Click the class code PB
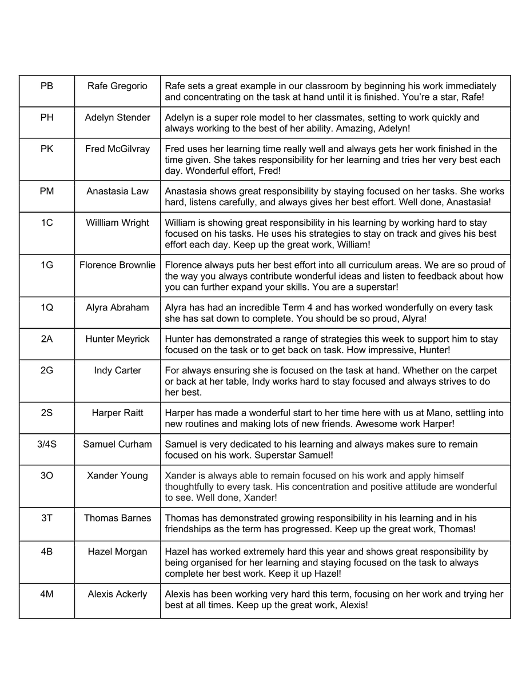(47, 86)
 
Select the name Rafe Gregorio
(117, 86)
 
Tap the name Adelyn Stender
(117, 118)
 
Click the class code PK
(47, 149)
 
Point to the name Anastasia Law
(117, 192)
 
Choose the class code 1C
(47, 223)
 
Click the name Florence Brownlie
(117, 265)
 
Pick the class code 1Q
(47, 308)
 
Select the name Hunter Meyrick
(117, 339)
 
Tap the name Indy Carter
(117, 370)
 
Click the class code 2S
(47, 413)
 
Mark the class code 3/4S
(47, 444)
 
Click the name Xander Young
(117, 476)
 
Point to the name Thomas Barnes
(117, 518)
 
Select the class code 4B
(47, 552)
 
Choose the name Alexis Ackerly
(117, 594)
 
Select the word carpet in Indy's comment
(483, 370)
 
